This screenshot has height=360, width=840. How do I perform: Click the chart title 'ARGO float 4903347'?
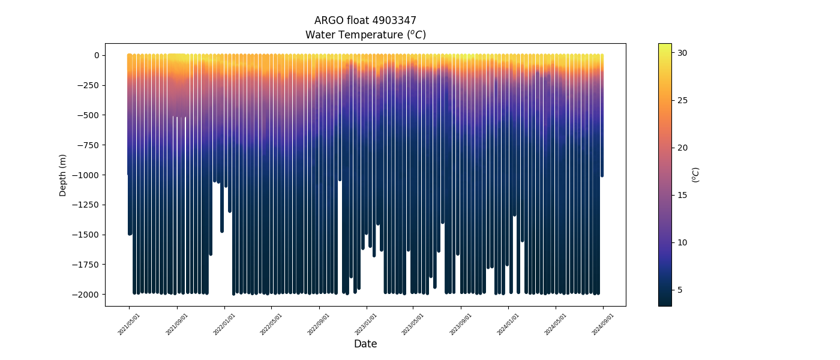point(365,20)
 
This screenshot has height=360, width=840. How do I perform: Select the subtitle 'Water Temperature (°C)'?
point(365,35)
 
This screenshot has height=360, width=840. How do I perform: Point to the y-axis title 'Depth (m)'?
point(63,175)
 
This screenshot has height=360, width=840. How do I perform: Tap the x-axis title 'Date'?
point(365,344)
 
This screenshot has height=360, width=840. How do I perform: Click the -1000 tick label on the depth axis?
point(86,175)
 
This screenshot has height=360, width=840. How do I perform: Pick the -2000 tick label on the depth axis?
point(86,295)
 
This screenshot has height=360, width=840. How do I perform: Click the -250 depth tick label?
point(88,85)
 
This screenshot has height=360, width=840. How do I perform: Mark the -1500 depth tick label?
point(86,235)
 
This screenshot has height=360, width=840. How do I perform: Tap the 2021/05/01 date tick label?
point(130,323)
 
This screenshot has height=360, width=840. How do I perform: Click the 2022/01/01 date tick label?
point(224,323)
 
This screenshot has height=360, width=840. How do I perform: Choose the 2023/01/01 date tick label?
point(367,323)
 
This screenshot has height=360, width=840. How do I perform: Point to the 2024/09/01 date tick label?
point(603,323)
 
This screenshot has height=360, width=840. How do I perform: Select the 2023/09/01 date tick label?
point(461,323)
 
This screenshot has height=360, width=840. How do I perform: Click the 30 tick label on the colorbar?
point(682,53)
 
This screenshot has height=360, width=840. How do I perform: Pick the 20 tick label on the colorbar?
point(682,148)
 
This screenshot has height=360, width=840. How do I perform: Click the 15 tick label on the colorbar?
point(682,195)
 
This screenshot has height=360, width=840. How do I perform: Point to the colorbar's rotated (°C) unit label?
point(696,175)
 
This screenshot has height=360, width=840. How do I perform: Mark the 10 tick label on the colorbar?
point(682,242)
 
